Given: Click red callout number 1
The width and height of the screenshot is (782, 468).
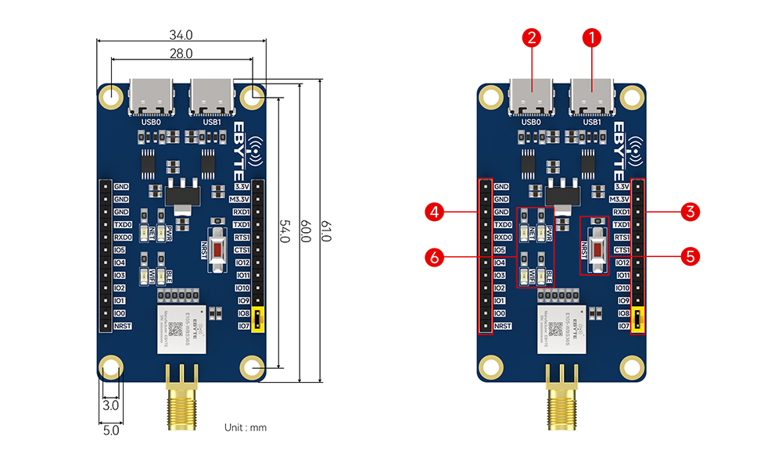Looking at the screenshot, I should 593,37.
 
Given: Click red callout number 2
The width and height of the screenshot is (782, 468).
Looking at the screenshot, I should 533,37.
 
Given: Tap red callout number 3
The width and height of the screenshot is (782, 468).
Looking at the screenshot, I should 689,211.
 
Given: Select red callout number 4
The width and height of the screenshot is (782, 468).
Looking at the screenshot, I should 435,211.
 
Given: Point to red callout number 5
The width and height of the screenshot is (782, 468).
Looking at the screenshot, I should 689,255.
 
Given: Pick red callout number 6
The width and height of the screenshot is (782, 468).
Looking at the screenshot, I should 435,255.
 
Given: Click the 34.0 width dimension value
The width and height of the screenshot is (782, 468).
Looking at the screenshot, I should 181,34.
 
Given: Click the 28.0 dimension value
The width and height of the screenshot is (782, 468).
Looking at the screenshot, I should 181,53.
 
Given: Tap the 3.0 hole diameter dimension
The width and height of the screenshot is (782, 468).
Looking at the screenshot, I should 110,405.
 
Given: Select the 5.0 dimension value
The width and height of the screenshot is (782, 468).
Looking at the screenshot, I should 110,429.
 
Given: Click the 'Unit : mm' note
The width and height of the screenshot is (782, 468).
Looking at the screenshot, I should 246,427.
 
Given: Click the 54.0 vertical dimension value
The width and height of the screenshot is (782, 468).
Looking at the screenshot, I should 286,232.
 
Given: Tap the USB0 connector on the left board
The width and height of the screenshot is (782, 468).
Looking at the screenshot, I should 149,98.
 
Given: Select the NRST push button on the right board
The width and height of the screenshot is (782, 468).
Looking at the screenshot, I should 596,245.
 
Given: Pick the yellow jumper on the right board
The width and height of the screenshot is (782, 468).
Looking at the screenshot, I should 639,319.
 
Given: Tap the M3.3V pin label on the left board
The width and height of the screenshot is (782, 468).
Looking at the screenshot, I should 240,199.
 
